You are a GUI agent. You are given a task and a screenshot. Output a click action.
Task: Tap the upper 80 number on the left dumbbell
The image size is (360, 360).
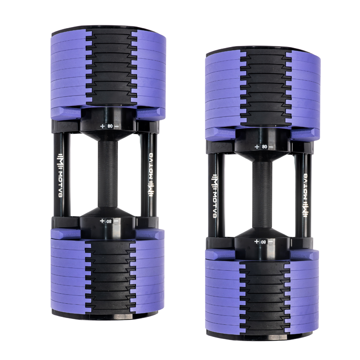pos(110,126)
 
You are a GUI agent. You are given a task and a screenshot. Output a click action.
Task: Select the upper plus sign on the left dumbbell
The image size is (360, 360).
pos(102,126)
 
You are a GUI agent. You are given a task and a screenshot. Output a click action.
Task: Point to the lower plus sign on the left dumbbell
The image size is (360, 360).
pos(102,221)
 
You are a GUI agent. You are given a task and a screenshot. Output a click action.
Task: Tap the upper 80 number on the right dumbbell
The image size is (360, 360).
pos(265,147)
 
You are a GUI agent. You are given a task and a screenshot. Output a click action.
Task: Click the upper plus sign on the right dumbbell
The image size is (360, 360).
pos(257,147)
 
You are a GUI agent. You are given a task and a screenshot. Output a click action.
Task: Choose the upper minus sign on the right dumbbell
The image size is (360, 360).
pos(271,147)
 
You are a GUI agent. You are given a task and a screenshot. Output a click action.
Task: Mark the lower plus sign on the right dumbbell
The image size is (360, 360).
pos(256,241)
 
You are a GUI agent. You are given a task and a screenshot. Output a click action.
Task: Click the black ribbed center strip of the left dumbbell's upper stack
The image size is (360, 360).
pos(111,67)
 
